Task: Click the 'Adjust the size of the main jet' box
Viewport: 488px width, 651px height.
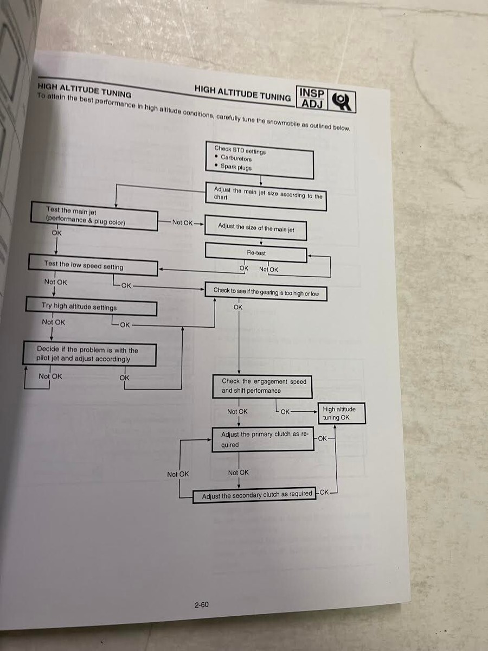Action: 256,228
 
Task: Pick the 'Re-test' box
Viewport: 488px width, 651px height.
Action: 256,253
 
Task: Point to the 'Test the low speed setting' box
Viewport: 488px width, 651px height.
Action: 93,266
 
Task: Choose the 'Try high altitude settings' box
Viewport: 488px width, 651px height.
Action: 91,307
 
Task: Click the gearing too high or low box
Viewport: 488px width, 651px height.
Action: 266,293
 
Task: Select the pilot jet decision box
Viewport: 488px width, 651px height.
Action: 89,355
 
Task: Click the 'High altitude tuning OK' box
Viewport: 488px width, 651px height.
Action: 341,413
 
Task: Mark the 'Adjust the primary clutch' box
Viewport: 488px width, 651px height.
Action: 263,439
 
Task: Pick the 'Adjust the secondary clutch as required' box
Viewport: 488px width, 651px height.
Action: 255,495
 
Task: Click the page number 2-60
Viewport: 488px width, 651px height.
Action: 201,604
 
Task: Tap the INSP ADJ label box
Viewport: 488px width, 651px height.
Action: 312,98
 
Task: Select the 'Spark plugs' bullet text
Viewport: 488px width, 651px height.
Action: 236,168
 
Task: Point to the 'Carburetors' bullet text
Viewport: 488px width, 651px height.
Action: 236,158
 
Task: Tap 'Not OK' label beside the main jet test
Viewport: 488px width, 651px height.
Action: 182,222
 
